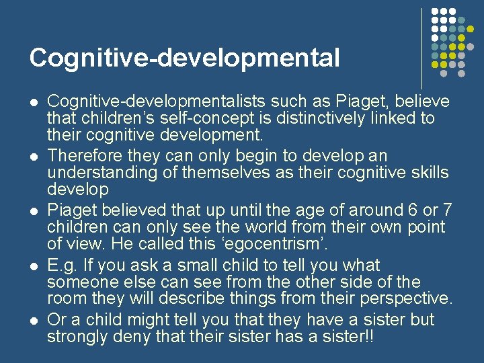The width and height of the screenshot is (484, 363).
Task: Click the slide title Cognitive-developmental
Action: coord(184,58)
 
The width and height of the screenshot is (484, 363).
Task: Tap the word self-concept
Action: coord(209,118)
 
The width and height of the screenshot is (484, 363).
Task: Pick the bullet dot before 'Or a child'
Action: coord(33,320)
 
